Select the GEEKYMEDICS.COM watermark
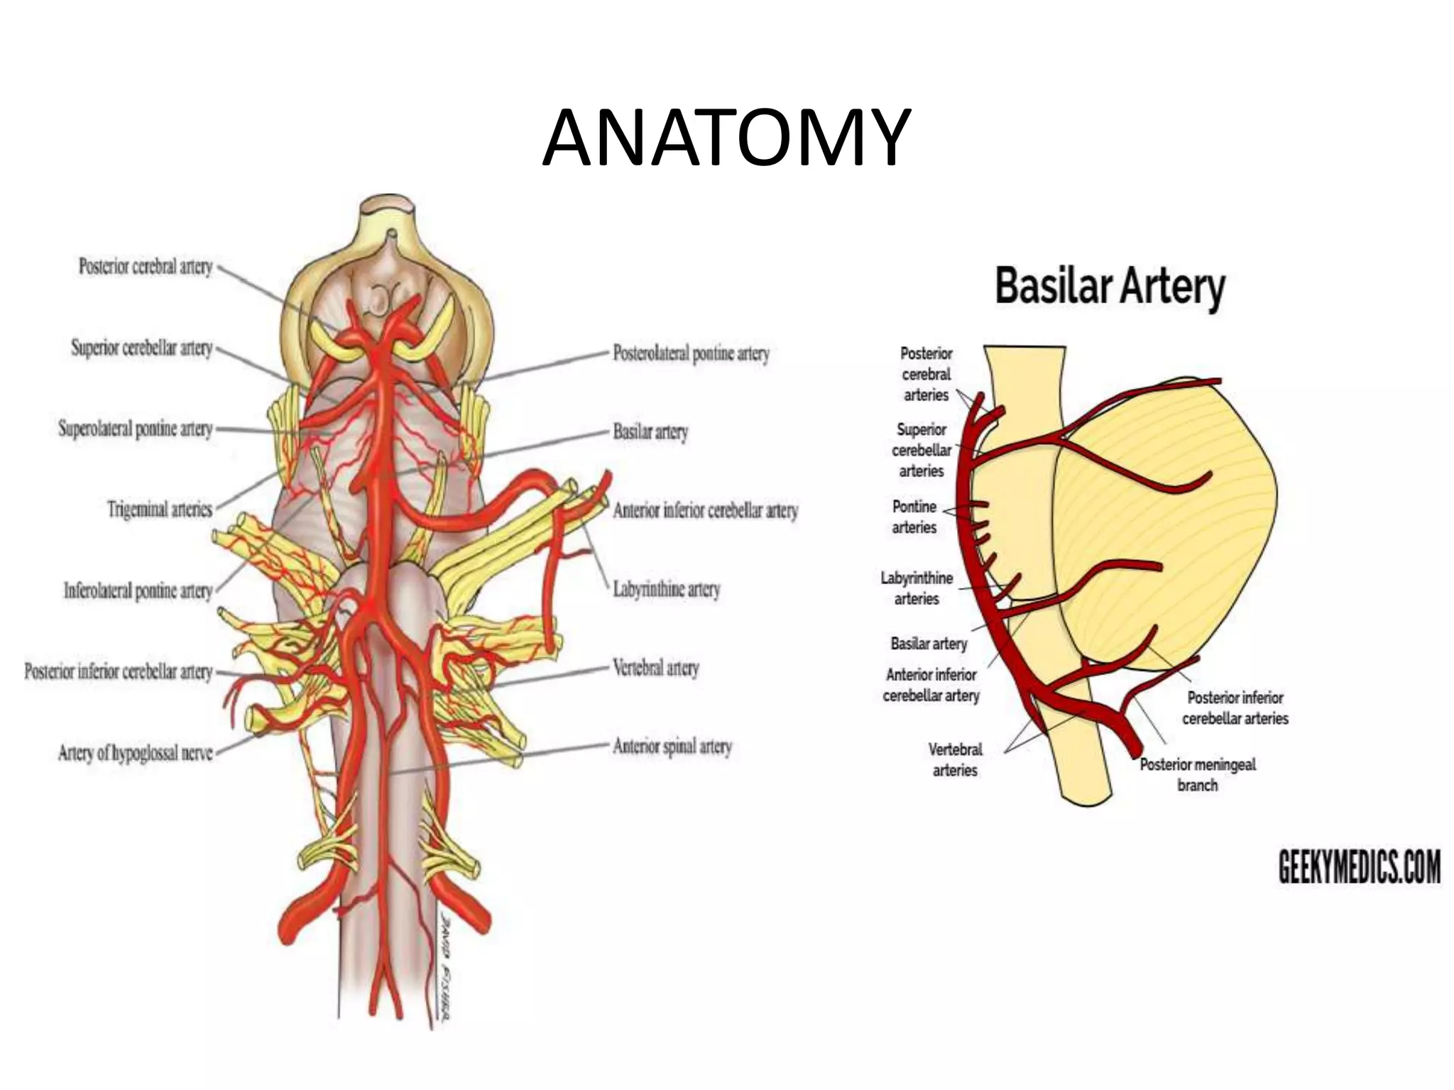pyautogui.click(x=1360, y=867)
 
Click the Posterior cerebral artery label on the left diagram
pyautogui.click(x=146, y=267)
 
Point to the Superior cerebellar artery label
pyautogui.click(x=142, y=348)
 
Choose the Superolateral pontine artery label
pyautogui.click(x=136, y=429)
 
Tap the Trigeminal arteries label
pyautogui.click(x=160, y=510)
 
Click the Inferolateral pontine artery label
pyautogui.click(x=138, y=590)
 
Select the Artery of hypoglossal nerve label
pyautogui.click(x=136, y=753)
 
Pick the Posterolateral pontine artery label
pyautogui.click(x=692, y=353)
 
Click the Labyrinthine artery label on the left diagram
pyautogui.click(x=667, y=590)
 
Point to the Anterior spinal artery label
pyautogui.click(x=672, y=747)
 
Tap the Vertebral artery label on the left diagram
pyautogui.click(x=656, y=668)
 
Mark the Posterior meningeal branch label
pyautogui.click(x=1198, y=775)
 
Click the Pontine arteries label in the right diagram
pyautogui.click(x=914, y=517)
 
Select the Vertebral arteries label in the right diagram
pyautogui.click(x=955, y=759)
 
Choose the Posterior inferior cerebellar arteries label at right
pyautogui.click(x=1235, y=708)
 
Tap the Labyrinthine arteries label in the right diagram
pyautogui.click(x=917, y=588)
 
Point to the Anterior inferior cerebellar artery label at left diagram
pyautogui.click(x=706, y=510)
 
